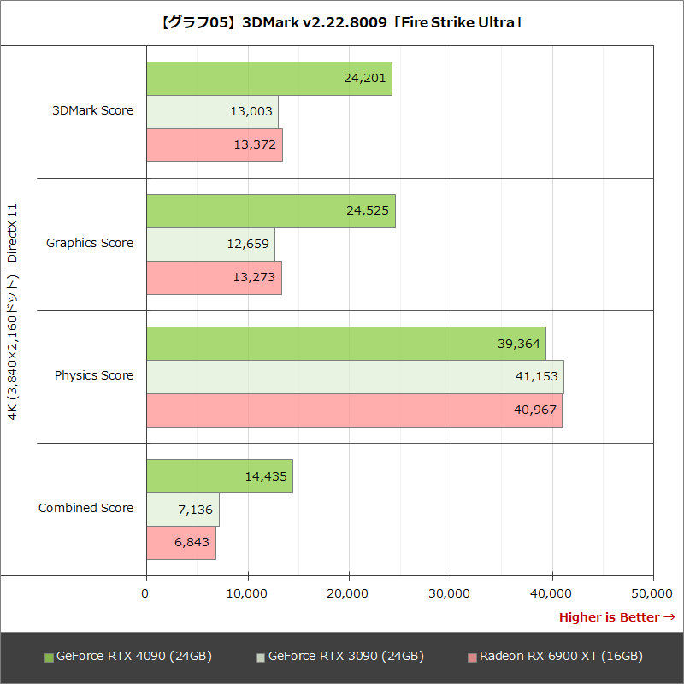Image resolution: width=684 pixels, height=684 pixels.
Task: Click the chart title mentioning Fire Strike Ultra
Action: pos(342,23)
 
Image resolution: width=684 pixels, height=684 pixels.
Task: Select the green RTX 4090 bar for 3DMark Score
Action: pos(268,79)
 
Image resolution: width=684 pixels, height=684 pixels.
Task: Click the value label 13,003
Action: pos(252,111)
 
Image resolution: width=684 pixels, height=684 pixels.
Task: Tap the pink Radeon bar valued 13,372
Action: pos(214,144)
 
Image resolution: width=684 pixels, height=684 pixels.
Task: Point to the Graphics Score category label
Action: pos(90,243)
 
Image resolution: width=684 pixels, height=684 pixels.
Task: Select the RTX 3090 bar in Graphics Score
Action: pos(210,244)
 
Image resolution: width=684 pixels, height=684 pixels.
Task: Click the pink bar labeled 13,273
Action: pos(214,277)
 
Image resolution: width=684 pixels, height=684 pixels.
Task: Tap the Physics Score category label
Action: pos(94,375)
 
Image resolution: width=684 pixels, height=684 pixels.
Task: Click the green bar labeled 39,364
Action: pos(345,343)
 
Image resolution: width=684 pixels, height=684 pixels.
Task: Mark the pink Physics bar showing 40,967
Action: pos(354,410)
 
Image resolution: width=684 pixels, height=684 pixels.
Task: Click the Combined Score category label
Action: pos(85,508)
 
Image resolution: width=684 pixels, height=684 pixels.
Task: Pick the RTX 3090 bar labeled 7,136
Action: pos(182,509)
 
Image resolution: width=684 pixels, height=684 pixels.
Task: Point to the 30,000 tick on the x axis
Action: pos(451,593)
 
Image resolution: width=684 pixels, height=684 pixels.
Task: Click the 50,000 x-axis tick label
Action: pos(653,593)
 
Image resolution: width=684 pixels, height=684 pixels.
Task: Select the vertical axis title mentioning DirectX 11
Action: pos(12,312)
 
